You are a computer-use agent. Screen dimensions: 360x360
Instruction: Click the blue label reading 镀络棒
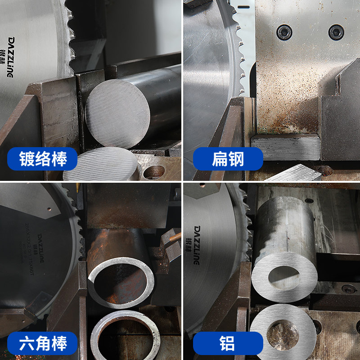click(x=43, y=159)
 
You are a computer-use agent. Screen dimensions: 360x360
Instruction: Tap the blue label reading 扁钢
click(x=227, y=159)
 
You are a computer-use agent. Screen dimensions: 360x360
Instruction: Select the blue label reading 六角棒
click(x=43, y=344)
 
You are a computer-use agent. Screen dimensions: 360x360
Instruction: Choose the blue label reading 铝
click(x=227, y=344)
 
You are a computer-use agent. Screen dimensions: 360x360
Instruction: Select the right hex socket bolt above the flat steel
click(x=336, y=32)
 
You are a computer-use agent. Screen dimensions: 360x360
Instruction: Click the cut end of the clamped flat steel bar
click(x=285, y=147)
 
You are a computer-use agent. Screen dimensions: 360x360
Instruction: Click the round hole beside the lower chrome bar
click(x=154, y=171)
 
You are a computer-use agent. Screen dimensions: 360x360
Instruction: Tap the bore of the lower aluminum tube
click(x=283, y=335)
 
